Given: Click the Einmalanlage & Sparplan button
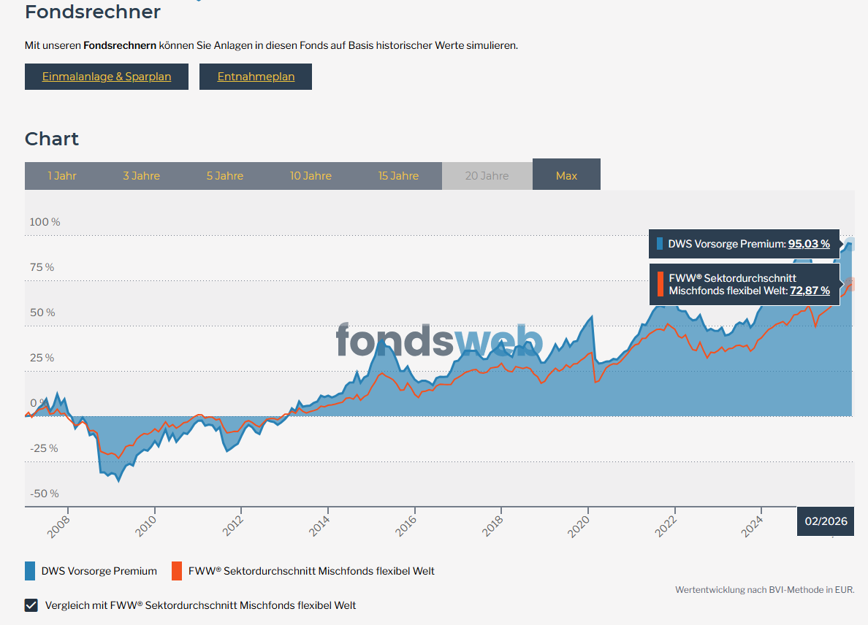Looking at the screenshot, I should click(x=107, y=77).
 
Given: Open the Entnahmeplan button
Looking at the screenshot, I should click(x=256, y=77).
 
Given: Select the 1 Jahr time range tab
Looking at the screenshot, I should click(x=62, y=176).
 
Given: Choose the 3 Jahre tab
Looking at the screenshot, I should click(x=141, y=176).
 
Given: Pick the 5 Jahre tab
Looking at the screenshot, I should click(x=225, y=176).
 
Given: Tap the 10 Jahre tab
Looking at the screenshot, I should click(x=311, y=176).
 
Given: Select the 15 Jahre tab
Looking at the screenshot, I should click(x=398, y=176).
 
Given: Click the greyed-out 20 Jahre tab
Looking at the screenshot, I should click(x=487, y=176).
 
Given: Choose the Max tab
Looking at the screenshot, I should click(x=566, y=175).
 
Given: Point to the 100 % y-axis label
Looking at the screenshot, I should click(x=45, y=222).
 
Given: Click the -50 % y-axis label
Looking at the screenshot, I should click(x=45, y=494).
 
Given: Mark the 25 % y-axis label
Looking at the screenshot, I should click(x=42, y=358).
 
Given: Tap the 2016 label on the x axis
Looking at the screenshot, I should click(x=408, y=524).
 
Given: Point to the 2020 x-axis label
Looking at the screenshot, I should click(x=581, y=524).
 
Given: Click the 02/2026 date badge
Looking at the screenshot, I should click(x=826, y=521).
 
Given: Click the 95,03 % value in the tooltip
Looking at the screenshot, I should click(x=809, y=244).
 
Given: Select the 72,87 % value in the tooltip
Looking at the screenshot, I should click(x=810, y=291).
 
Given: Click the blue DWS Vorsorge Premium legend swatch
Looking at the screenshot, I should click(x=30, y=571).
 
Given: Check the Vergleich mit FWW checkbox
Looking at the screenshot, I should click(x=31, y=605).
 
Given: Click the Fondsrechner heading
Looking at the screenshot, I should click(x=93, y=12).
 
